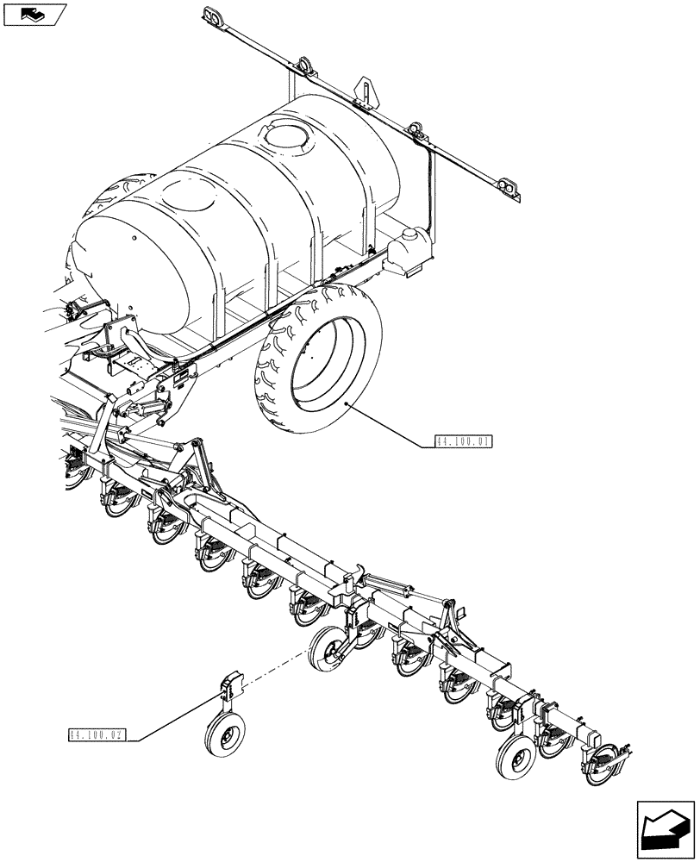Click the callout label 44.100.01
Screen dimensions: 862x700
(x=464, y=442)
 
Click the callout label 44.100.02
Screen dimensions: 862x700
(x=97, y=735)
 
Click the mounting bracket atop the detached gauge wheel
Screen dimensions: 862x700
(x=231, y=686)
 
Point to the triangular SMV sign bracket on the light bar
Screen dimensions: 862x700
(x=368, y=91)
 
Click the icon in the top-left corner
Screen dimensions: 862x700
(x=34, y=14)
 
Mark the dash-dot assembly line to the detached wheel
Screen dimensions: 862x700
(x=275, y=671)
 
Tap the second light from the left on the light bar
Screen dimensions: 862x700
(x=303, y=66)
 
